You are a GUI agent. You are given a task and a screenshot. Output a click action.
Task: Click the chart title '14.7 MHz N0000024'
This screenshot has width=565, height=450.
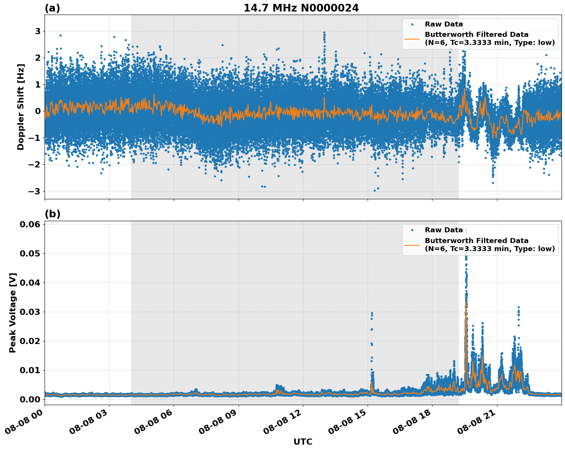301,8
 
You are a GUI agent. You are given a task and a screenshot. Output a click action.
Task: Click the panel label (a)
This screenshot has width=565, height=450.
52,8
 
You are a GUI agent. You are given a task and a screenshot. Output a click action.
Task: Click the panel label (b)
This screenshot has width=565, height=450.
52,214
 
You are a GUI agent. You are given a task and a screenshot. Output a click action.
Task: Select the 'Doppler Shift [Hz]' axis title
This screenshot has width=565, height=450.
21,107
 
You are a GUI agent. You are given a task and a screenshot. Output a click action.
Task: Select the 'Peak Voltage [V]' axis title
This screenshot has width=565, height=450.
13,313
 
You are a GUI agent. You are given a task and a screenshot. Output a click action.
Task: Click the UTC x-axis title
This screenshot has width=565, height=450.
303,442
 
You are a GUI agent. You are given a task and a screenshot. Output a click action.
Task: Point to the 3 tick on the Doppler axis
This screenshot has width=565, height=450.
38,31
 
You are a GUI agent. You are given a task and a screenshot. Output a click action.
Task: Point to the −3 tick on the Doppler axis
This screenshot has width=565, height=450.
35,191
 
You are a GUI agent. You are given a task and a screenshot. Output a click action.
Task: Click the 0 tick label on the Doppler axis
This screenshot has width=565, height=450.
38,111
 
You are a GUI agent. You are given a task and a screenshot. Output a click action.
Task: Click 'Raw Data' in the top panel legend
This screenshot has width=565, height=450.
444,24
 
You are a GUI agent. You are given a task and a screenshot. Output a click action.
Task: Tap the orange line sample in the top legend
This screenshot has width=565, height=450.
412,39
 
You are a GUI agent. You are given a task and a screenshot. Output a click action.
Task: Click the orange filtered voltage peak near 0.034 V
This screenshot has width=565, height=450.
466,302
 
